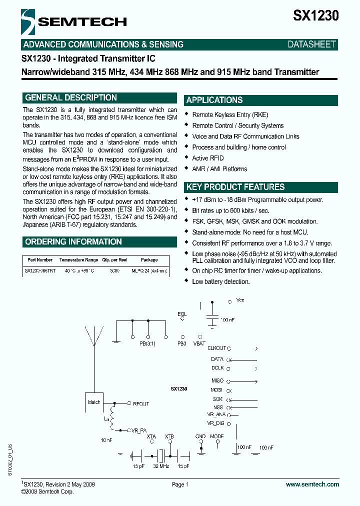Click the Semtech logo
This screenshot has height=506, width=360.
(74, 21)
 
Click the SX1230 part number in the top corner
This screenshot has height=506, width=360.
(315, 15)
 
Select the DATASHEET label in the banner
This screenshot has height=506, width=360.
(311, 44)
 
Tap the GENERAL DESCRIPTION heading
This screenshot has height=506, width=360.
(71, 98)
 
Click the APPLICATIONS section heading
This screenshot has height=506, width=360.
(214, 100)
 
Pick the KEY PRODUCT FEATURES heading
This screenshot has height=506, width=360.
(235, 187)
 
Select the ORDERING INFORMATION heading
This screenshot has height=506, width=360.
(73, 242)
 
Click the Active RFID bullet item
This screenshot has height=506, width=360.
(208, 158)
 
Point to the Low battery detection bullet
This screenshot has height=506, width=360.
(220, 281)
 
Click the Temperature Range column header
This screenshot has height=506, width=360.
(78, 260)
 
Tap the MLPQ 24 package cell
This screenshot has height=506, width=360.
(149, 270)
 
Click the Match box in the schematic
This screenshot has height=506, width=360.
(94, 402)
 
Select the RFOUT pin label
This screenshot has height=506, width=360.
(140, 403)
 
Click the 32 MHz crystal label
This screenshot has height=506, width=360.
(161, 466)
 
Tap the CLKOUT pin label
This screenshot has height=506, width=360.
(216, 348)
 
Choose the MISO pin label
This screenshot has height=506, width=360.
(217, 380)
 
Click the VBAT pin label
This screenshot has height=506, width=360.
(198, 343)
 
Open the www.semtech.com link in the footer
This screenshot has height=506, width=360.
(312, 484)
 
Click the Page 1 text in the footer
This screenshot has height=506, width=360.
(180, 484)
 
